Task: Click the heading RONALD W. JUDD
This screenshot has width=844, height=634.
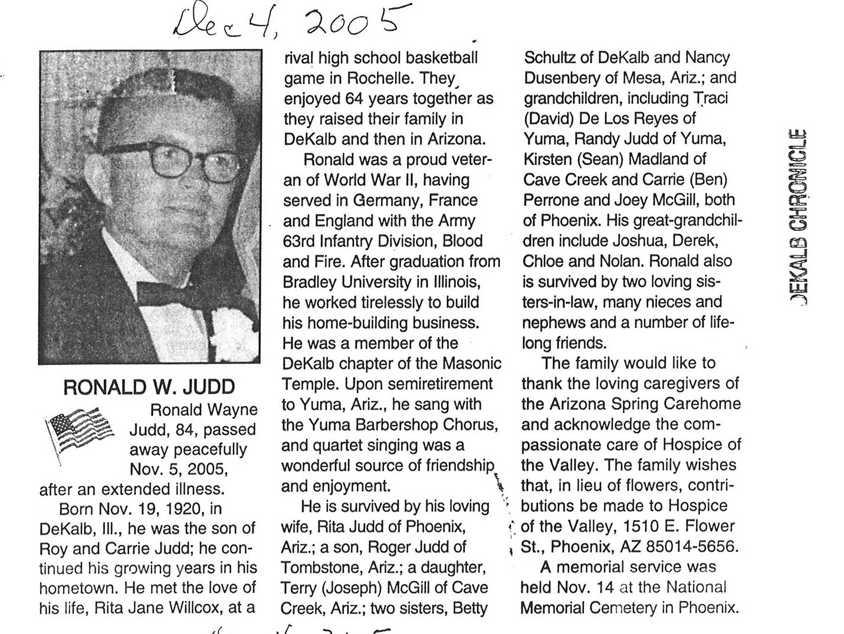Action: point(149,387)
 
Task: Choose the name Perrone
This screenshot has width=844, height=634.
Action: point(551,200)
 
